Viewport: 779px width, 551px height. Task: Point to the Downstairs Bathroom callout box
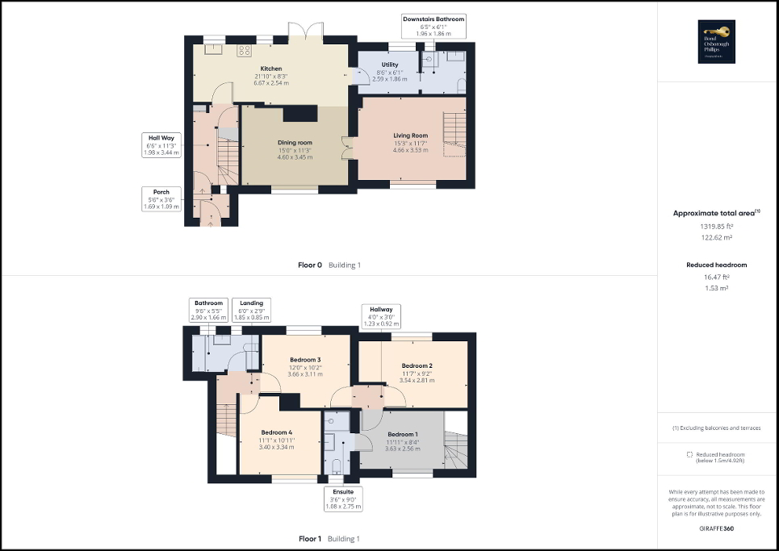tap(434, 27)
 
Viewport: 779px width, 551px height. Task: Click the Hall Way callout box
tap(161, 144)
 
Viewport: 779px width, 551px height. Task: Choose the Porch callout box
tap(161, 198)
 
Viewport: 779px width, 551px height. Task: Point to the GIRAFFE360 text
tap(718, 527)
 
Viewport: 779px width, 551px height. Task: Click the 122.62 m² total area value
tap(718, 238)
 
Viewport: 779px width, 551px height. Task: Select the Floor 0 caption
tap(310, 265)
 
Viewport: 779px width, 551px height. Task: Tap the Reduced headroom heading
tap(717, 265)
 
